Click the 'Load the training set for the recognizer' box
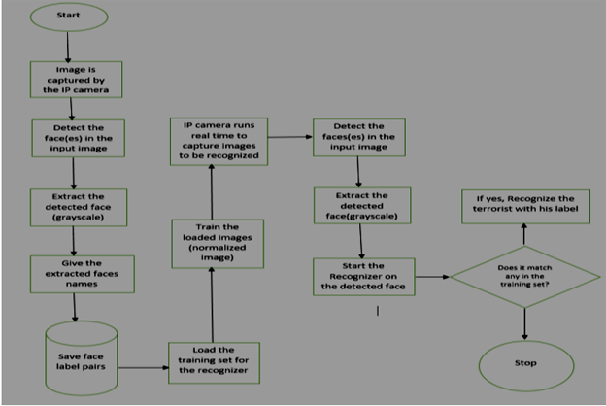[x=212, y=361]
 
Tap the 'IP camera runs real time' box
[x=219, y=140]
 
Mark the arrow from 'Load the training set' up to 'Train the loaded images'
[x=211, y=305]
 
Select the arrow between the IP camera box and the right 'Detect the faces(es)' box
[x=288, y=137]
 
